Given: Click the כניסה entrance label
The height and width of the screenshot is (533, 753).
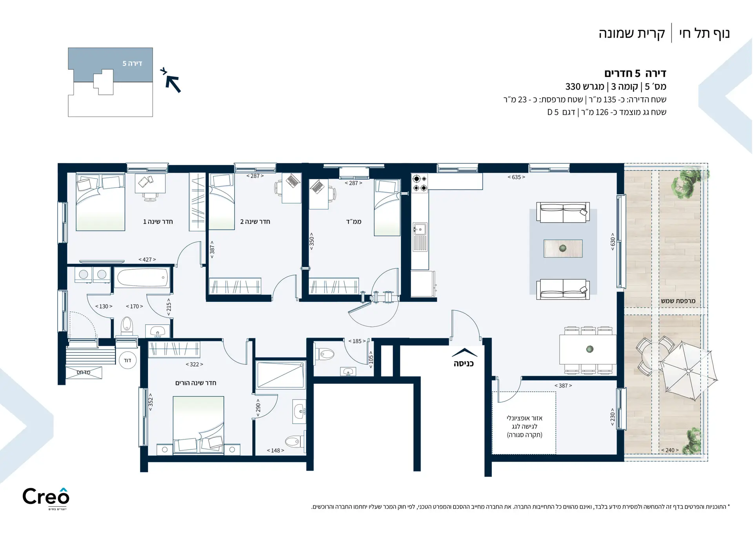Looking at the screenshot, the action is tap(464, 364).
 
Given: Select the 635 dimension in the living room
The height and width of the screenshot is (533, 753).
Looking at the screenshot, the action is tap(516, 177).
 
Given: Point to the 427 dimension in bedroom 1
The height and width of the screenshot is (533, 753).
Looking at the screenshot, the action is tap(147, 259).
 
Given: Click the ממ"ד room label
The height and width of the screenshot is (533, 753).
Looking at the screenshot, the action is tap(353, 222).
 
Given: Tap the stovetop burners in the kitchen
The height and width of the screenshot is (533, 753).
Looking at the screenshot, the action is tap(420, 183).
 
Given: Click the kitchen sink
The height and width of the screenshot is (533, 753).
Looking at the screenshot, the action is tap(420, 229).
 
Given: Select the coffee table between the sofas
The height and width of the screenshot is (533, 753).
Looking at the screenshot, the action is tap(563, 248).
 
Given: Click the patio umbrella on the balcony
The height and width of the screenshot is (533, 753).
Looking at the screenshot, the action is tap(689, 371).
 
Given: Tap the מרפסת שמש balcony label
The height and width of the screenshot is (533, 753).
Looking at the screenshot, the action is tap(678, 301).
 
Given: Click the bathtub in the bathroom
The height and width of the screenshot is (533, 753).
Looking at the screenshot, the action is tap(142, 277).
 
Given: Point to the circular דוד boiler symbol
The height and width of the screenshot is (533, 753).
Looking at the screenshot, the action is tap(127, 360).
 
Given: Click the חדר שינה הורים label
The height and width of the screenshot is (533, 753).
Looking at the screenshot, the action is tap(196, 383).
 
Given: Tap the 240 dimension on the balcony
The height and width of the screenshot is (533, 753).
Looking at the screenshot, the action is tap(670, 450).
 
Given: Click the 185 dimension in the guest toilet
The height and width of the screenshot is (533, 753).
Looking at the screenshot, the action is tap(357, 341).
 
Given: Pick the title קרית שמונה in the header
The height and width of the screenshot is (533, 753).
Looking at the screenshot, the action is tap(631, 34).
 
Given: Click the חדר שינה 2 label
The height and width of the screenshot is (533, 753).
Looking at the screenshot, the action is tap(255, 222).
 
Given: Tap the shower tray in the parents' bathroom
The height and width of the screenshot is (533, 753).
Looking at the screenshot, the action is tap(280, 375).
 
